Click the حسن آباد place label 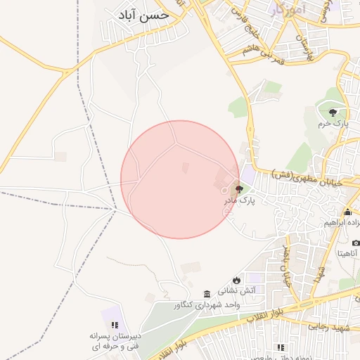tap(144, 13)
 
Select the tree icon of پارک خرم tap(333, 112)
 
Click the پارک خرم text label tap(333, 124)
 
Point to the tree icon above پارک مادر tap(239, 189)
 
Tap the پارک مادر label tap(240, 200)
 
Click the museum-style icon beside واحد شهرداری tap(207, 294)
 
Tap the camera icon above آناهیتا tap(356, 243)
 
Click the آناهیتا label tap(349, 252)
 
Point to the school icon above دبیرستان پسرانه tap(114, 325)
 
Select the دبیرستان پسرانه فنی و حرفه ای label tap(114, 341)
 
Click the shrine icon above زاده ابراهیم tap(347, 212)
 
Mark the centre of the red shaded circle tap(180, 179)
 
